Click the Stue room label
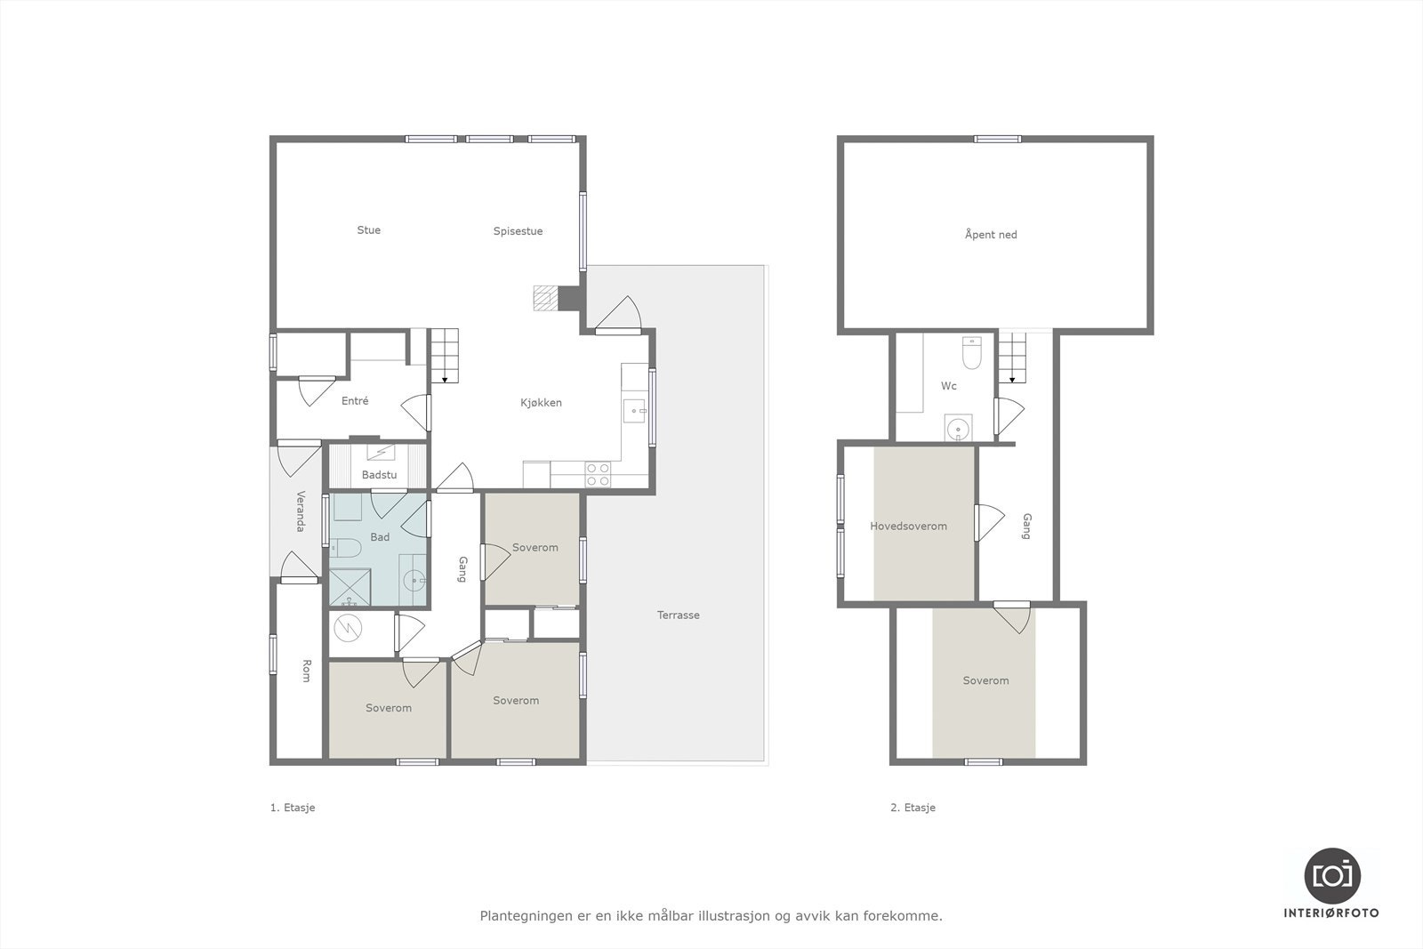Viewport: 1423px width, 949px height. tap(368, 230)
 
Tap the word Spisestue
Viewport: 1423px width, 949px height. tap(518, 231)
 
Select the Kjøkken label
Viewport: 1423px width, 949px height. tap(541, 403)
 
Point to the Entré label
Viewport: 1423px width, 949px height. tap(355, 401)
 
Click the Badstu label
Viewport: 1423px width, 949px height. tap(379, 475)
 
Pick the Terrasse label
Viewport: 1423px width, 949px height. tap(678, 615)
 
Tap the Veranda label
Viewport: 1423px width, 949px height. tap(301, 511)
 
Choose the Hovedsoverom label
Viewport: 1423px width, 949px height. tap(908, 527)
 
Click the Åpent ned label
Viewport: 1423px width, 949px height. tap(990, 235)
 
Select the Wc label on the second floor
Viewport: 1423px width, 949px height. tap(949, 386)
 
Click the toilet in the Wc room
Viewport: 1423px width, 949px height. tap(971, 353)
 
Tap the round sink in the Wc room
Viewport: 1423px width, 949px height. tap(957, 429)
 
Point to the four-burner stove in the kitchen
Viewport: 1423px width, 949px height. tap(598, 474)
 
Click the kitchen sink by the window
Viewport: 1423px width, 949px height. tap(633, 411)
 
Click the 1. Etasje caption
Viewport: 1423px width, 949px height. tap(293, 808)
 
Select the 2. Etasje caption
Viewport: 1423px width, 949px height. tap(912, 808)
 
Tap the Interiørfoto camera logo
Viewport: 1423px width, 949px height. tap(1331, 875)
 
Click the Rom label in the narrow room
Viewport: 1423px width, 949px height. tap(306, 671)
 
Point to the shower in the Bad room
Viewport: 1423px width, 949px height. tap(350, 587)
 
